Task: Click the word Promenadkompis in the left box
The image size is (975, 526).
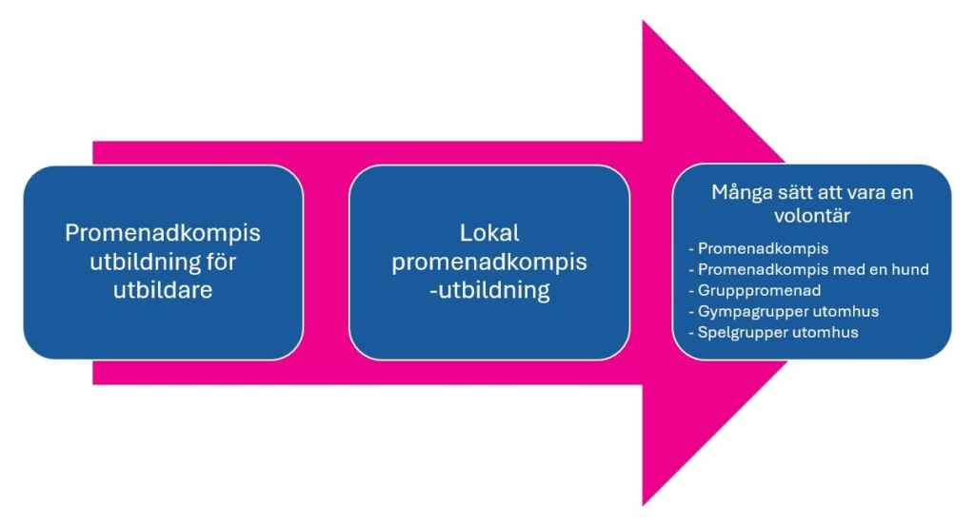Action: click(x=163, y=234)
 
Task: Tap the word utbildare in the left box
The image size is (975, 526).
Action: click(x=163, y=290)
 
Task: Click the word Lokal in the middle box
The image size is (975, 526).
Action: click(x=489, y=234)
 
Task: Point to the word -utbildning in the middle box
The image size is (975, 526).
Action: click(x=489, y=290)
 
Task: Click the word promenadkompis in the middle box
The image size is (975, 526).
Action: click(x=489, y=262)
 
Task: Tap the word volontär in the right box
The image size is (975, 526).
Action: click(x=812, y=216)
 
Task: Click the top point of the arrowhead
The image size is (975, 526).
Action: click(x=644, y=22)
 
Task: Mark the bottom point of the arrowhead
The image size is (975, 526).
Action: click(x=644, y=504)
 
